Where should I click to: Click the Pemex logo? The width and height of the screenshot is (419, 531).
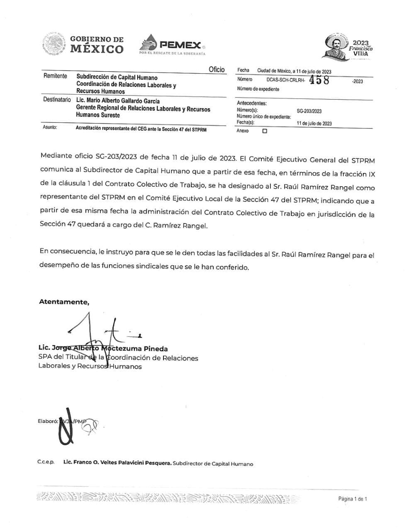(x=173, y=45)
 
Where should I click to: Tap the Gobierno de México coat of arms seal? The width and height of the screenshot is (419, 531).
(x=54, y=44)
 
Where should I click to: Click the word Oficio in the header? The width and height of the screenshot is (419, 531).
(x=217, y=70)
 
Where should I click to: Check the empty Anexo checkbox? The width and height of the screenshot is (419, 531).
(x=265, y=131)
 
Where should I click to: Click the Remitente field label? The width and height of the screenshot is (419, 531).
(x=55, y=76)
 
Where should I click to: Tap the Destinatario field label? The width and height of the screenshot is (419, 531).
(x=57, y=100)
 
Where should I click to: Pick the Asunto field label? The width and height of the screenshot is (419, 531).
(x=50, y=127)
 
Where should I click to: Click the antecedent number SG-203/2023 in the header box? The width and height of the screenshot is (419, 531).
(x=309, y=111)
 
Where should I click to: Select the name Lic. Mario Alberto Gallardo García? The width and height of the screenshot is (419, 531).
(x=118, y=101)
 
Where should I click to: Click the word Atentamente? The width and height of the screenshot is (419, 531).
(x=64, y=302)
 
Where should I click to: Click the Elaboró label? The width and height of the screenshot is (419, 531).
(x=48, y=421)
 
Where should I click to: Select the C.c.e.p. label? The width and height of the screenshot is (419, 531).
(x=46, y=463)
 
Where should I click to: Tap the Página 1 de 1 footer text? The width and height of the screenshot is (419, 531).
(x=352, y=499)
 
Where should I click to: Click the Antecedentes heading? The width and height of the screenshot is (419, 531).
(x=251, y=103)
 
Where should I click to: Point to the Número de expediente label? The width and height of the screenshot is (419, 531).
(x=258, y=89)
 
